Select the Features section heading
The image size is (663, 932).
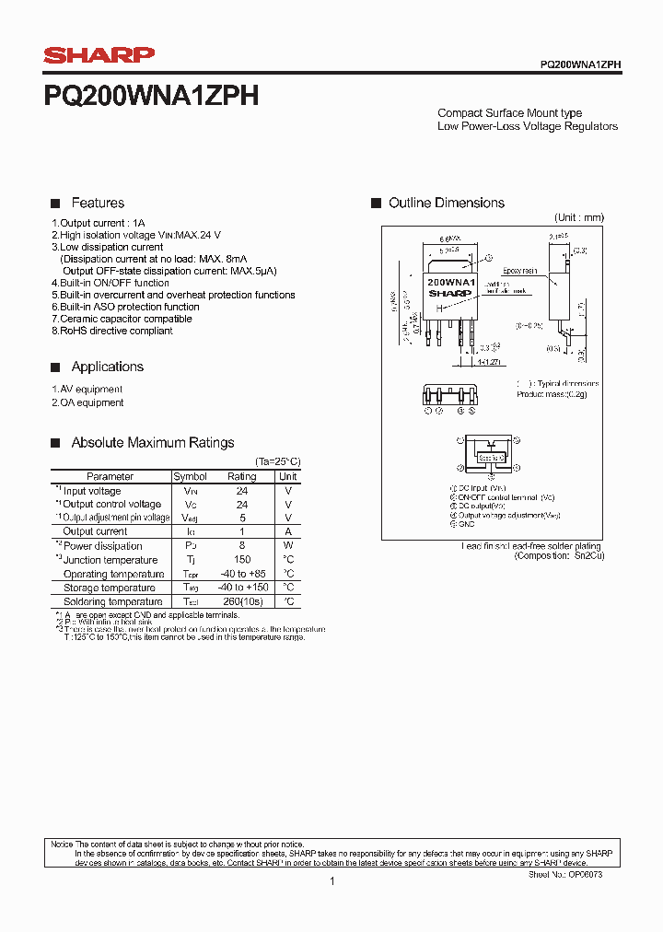(x=98, y=203)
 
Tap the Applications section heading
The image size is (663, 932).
(x=108, y=367)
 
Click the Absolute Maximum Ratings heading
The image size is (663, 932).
(x=153, y=443)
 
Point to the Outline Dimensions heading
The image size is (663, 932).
(x=447, y=203)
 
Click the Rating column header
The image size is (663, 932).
(x=242, y=476)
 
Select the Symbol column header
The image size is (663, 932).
(x=191, y=476)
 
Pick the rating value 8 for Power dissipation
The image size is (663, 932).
(x=242, y=546)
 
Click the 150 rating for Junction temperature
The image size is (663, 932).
(x=242, y=560)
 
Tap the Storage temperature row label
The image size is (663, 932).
(x=109, y=588)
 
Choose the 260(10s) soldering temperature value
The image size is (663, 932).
(x=242, y=601)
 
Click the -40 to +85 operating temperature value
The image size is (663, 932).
(x=242, y=574)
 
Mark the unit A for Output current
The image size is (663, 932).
(x=288, y=531)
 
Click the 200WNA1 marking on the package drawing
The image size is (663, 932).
(x=450, y=282)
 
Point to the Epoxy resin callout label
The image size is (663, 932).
(x=520, y=271)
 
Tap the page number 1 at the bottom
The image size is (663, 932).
(x=331, y=881)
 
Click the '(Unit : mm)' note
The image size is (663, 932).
(x=578, y=217)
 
